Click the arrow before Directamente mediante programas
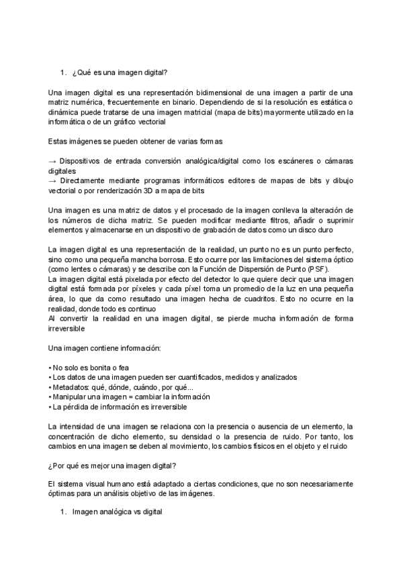tap(53, 180)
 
